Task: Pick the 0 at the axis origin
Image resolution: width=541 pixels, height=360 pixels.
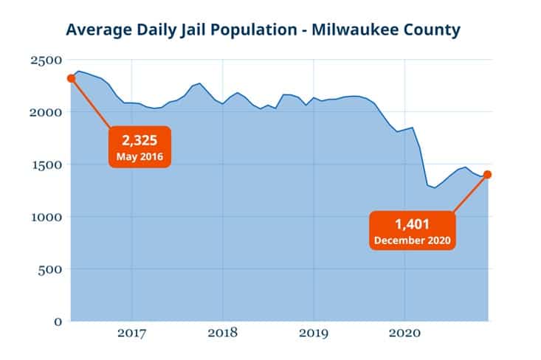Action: (x=58, y=321)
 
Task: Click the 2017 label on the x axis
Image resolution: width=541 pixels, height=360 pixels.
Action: (x=131, y=333)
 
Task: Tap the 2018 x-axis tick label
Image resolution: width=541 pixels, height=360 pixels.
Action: (x=223, y=333)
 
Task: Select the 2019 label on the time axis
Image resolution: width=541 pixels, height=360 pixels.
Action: (x=314, y=333)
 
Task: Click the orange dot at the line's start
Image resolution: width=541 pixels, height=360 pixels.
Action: (x=71, y=78)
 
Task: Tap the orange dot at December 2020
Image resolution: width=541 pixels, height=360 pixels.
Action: (x=488, y=175)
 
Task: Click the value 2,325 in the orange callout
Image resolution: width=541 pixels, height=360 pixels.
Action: (x=141, y=141)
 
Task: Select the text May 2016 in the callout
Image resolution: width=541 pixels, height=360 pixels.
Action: (x=141, y=156)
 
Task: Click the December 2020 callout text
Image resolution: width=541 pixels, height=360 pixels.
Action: (x=412, y=240)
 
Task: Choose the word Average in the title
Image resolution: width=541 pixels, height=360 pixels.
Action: (x=96, y=30)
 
